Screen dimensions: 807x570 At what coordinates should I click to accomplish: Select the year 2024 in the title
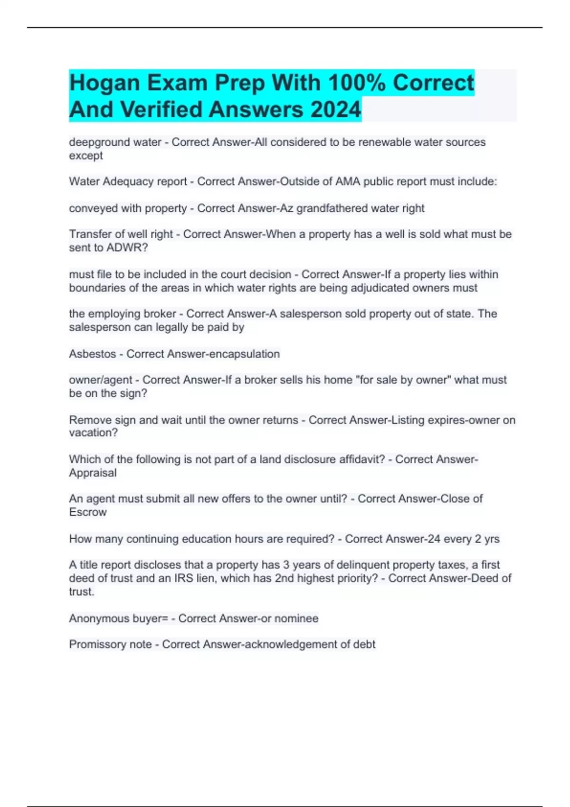pos(335,110)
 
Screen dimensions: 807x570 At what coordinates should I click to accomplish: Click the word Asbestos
pos(92,354)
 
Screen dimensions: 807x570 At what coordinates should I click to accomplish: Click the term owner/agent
pos(100,380)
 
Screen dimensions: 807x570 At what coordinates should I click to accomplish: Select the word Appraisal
pos(92,473)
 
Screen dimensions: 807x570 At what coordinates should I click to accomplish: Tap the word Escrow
pos(88,512)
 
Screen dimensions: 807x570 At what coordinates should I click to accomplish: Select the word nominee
pos(297,619)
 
